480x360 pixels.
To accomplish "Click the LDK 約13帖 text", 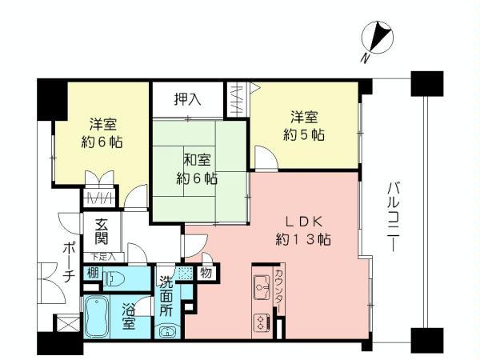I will [x=304, y=230].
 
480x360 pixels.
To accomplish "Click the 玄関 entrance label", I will [x=102, y=231].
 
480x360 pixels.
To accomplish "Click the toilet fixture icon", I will [x=115, y=280].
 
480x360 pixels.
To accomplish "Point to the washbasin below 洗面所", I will [x=166, y=331].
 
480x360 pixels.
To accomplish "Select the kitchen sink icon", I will [x=262, y=283].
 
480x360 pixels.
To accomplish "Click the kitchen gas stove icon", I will [x=262, y=322].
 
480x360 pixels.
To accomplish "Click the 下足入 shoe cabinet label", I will [x=103, y=257].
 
